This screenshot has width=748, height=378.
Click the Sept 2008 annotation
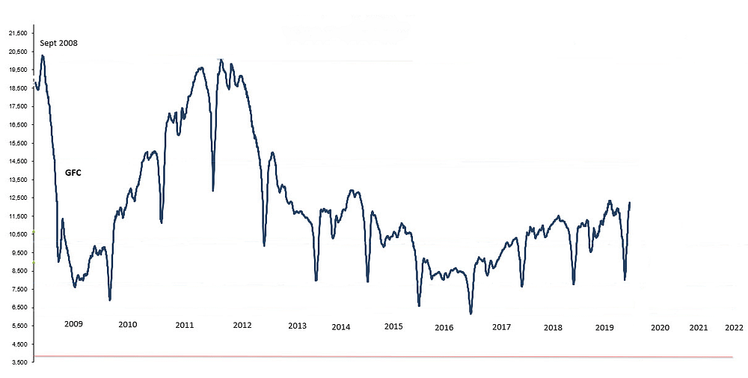click(58, 43)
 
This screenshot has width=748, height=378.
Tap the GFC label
click(72, 173)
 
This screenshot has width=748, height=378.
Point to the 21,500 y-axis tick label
click(16, 33)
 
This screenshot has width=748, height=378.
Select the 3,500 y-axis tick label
click(16, 362)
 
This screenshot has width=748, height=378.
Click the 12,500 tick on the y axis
click(16, 198)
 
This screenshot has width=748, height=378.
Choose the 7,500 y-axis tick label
click(16, 289)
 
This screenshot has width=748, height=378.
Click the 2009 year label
click(73, 324)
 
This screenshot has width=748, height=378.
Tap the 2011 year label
click(185, 325)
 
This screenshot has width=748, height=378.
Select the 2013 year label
click(297, 326)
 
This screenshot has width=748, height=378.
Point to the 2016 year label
click(444, 327)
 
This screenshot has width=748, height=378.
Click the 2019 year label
click(604, 327)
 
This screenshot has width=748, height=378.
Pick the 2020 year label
click(660, 327)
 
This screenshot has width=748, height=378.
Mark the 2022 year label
click(735, 327)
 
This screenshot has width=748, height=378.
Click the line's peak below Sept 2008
click(43, 55)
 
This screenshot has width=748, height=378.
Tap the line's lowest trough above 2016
click(470, 314)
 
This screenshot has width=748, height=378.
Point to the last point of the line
click(630, 203)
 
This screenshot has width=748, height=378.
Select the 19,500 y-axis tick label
click(16, 70)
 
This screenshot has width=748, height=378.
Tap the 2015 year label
click(393, 326)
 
